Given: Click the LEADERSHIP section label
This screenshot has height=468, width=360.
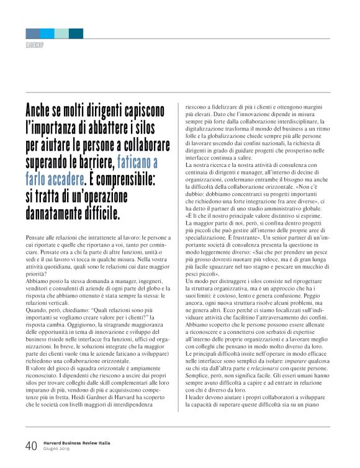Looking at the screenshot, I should click(x=35, y=45).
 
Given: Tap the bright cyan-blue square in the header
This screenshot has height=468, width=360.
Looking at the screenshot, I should click(x=47, y=34).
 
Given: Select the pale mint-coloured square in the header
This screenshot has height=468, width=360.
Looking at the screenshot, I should click(x=61, y=34).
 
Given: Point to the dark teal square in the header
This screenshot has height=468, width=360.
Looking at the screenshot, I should click(x=76, y=34).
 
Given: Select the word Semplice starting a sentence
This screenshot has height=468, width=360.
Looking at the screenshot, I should click(x=200, y=389).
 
